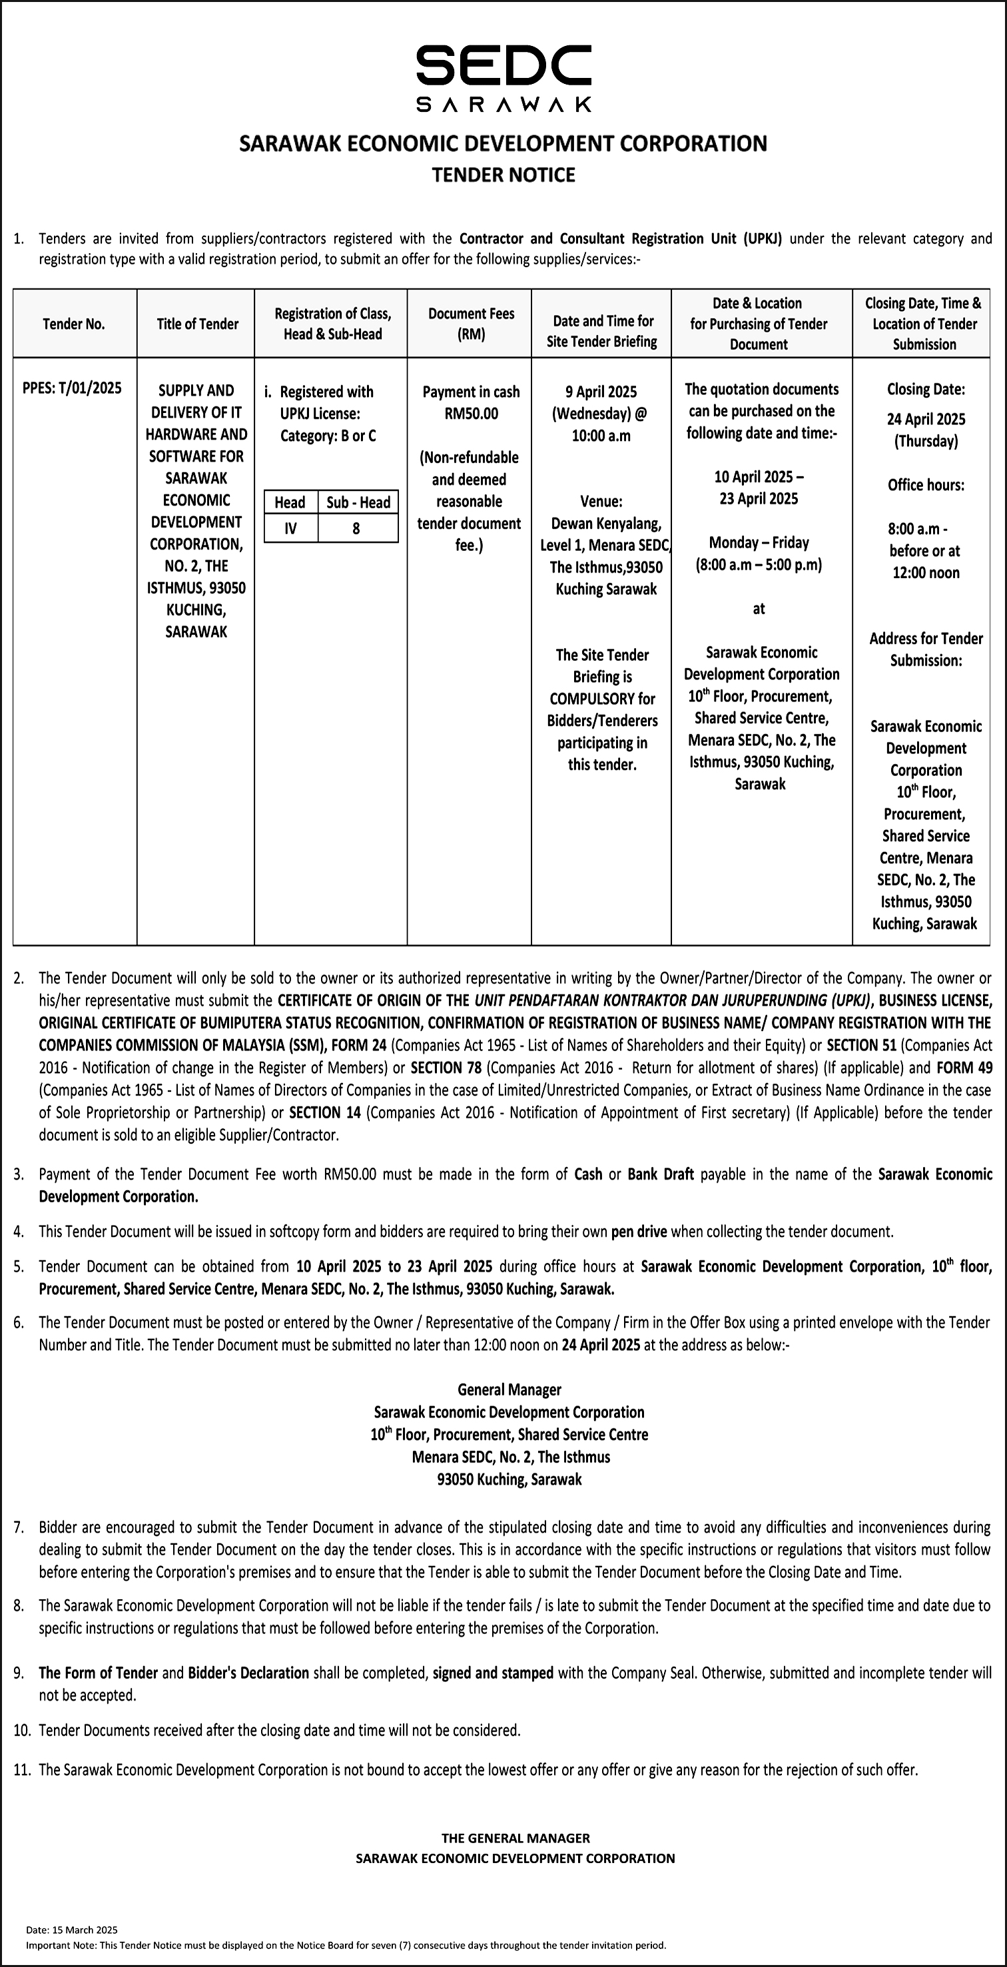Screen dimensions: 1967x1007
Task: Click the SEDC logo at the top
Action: [503, 77]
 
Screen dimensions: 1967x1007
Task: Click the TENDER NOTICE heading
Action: [503, 175]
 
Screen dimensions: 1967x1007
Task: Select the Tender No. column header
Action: [74, 324]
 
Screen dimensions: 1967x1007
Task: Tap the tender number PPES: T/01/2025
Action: [72, 388]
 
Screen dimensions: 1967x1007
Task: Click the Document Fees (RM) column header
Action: [471, 324]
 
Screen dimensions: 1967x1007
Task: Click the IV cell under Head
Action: [291, 528]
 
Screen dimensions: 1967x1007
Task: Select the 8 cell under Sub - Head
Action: [356, 528]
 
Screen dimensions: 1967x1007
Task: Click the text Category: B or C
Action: [328, 436]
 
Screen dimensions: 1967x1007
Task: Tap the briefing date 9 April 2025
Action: [601, 392]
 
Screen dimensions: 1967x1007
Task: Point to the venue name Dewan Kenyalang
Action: [606, 524]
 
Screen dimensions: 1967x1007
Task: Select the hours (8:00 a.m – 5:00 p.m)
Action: [758, 565]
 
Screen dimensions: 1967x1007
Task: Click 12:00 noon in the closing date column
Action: [926, 573]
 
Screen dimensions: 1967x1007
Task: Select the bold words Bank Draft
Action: [661, 1174]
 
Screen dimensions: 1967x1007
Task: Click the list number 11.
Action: [21, 1770]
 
